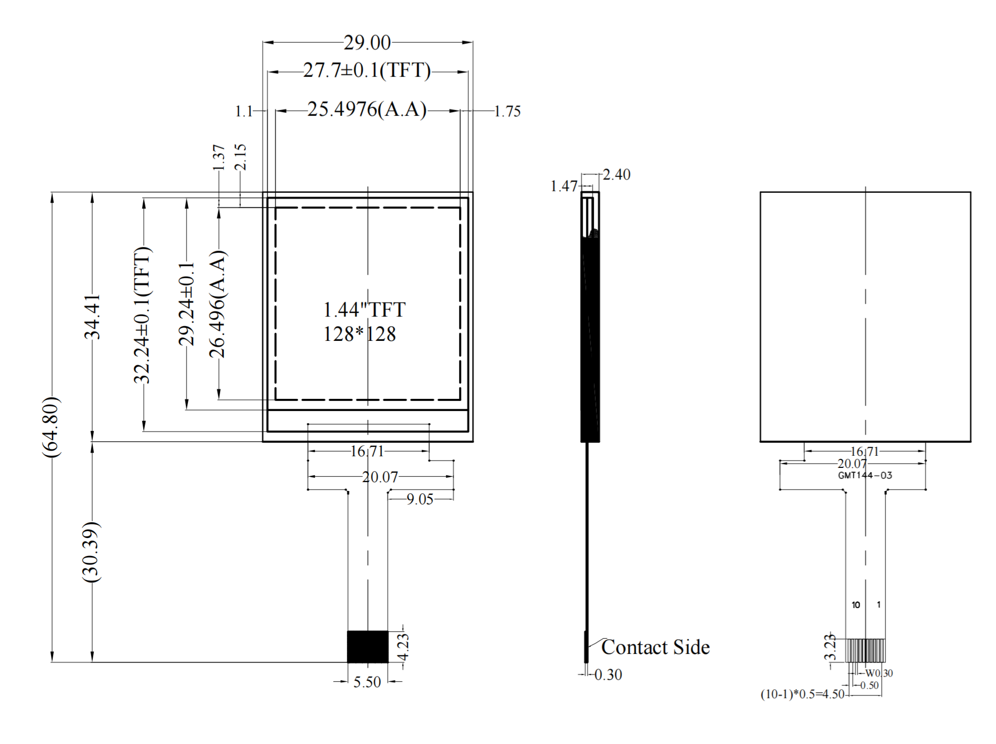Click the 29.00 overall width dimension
(x=367, y=43)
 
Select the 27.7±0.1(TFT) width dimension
(x=367, y=70)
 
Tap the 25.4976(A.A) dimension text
(x=367, y=110)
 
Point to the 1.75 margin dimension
(x=507, y=111)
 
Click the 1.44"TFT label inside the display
(x=364, y=310)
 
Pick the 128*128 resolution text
(x=359, y=334)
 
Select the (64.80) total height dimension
(x=52, y=427)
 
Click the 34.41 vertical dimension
(x=93, y=317)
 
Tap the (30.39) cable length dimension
(x=92, y=552)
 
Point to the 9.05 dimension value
(x=420, y=499)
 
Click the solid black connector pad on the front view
(x=368, y=647)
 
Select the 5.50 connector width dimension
(x=367, y=682)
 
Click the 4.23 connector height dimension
(x=403, y=647)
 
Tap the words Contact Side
(x=655, y=647)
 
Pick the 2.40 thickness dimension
(x=616, y=174)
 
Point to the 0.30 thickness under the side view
(x=608, y=674)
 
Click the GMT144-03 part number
(x=865, y=475)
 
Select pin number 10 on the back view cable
(x=856, y=605)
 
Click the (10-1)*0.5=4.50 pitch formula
(x=802, y=694)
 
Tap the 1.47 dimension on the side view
(x=564, y=186)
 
